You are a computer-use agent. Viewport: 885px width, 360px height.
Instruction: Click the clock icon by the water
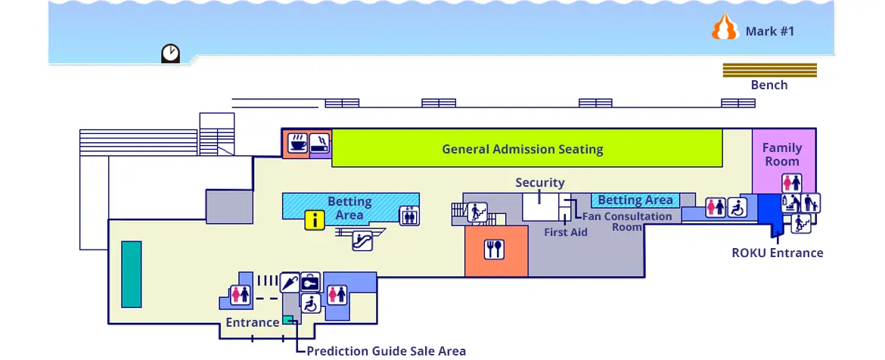(170, 53)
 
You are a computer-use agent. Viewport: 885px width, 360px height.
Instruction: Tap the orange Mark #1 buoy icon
(725, 27)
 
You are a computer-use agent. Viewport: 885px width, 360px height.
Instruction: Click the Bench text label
(769, 85)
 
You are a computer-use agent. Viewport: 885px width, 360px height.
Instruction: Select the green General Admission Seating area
(526, 148)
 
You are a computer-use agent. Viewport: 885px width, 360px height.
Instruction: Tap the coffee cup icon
(298, 143)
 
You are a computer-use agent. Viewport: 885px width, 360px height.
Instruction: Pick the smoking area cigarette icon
(320, 143)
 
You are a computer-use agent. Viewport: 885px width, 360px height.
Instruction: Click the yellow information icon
(315, 220)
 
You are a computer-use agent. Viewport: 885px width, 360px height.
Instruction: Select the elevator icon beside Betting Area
(409, 216)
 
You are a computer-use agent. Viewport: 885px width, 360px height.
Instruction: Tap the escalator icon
(362, 241)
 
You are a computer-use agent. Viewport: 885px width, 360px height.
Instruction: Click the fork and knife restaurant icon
(494, 249)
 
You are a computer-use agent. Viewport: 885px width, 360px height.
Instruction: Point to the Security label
(540, 183)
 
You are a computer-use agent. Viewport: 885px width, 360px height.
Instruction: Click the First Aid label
(566, 232)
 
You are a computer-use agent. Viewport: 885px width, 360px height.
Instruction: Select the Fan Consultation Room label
(626, 221)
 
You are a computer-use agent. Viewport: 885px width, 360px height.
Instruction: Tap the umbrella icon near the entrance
(290, 282)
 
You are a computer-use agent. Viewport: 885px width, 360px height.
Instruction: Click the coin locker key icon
(310, 282)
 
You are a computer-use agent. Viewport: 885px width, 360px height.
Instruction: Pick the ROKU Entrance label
(777, 253)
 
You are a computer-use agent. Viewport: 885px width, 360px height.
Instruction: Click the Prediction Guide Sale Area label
(386, 351)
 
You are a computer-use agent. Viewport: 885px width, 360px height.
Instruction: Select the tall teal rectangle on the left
(132, 275)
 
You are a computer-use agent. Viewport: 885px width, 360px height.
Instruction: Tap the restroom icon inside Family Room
(791, 183)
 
